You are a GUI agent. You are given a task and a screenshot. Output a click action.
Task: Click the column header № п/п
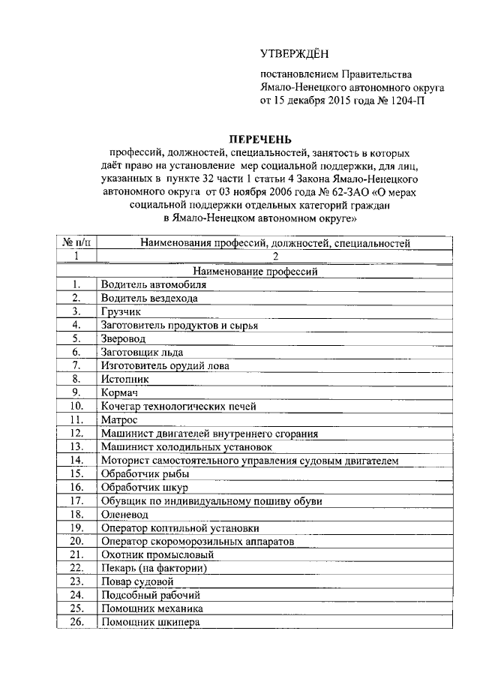tap(76, 243)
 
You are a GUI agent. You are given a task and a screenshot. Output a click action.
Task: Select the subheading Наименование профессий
tap(257, 271)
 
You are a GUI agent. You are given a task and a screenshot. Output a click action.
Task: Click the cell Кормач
tap(118, 392)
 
